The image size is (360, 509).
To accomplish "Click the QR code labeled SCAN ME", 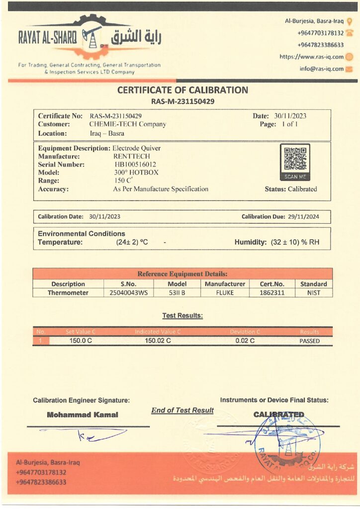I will (295, 159).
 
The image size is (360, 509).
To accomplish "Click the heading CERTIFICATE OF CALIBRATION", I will (182, 90).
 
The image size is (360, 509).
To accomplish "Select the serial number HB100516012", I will (135, 165).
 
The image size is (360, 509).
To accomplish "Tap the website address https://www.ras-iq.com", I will (311, 57).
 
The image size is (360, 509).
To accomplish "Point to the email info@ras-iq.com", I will (321, 69).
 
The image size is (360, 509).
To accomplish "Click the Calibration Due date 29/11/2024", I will (305, 217).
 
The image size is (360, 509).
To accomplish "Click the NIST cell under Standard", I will (314, 293).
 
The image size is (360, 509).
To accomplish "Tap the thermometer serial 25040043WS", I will (128, 293).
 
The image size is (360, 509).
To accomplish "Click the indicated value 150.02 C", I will (158, 341).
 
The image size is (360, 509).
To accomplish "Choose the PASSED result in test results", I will (309, 341).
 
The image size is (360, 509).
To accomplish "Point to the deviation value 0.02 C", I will (245, 341).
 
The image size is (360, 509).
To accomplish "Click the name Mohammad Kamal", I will (83, 415).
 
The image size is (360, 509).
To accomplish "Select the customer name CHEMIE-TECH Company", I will (127, 124).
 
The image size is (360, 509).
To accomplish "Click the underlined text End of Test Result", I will (182, 410).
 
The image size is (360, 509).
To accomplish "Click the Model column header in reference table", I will (177, 284).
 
